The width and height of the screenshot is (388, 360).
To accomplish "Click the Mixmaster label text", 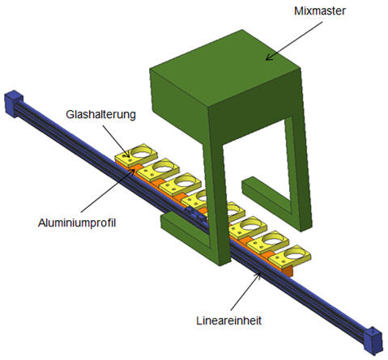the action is (x=319, y=11).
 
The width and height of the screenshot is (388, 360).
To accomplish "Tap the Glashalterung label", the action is (x=100, y=114).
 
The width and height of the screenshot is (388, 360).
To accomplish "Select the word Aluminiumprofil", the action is (x=77, y=223).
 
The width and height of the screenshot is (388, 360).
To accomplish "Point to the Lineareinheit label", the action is (x=228, y=320).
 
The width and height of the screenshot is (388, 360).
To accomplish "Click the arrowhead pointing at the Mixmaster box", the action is (x=269, y=57).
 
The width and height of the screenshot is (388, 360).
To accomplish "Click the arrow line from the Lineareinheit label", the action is (x=245, y=291).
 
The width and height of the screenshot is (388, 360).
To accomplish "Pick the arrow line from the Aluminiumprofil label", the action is (x=108, y=190).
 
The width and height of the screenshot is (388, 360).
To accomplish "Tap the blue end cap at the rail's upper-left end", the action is (x=14, y=104).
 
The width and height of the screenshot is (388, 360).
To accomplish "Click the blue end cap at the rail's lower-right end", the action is (x=373, y=341).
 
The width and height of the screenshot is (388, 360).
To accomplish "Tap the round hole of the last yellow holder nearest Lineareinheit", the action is (x=295, y=253).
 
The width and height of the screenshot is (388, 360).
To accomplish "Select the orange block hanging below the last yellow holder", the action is (x=288, y=270).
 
